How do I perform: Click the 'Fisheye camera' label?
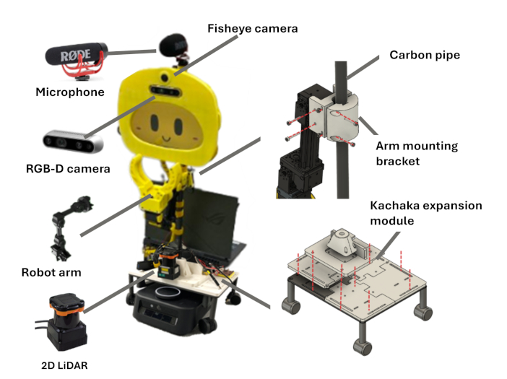[252, 28]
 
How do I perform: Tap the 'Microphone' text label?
[70, 92]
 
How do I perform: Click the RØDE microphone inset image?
[74, 59]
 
